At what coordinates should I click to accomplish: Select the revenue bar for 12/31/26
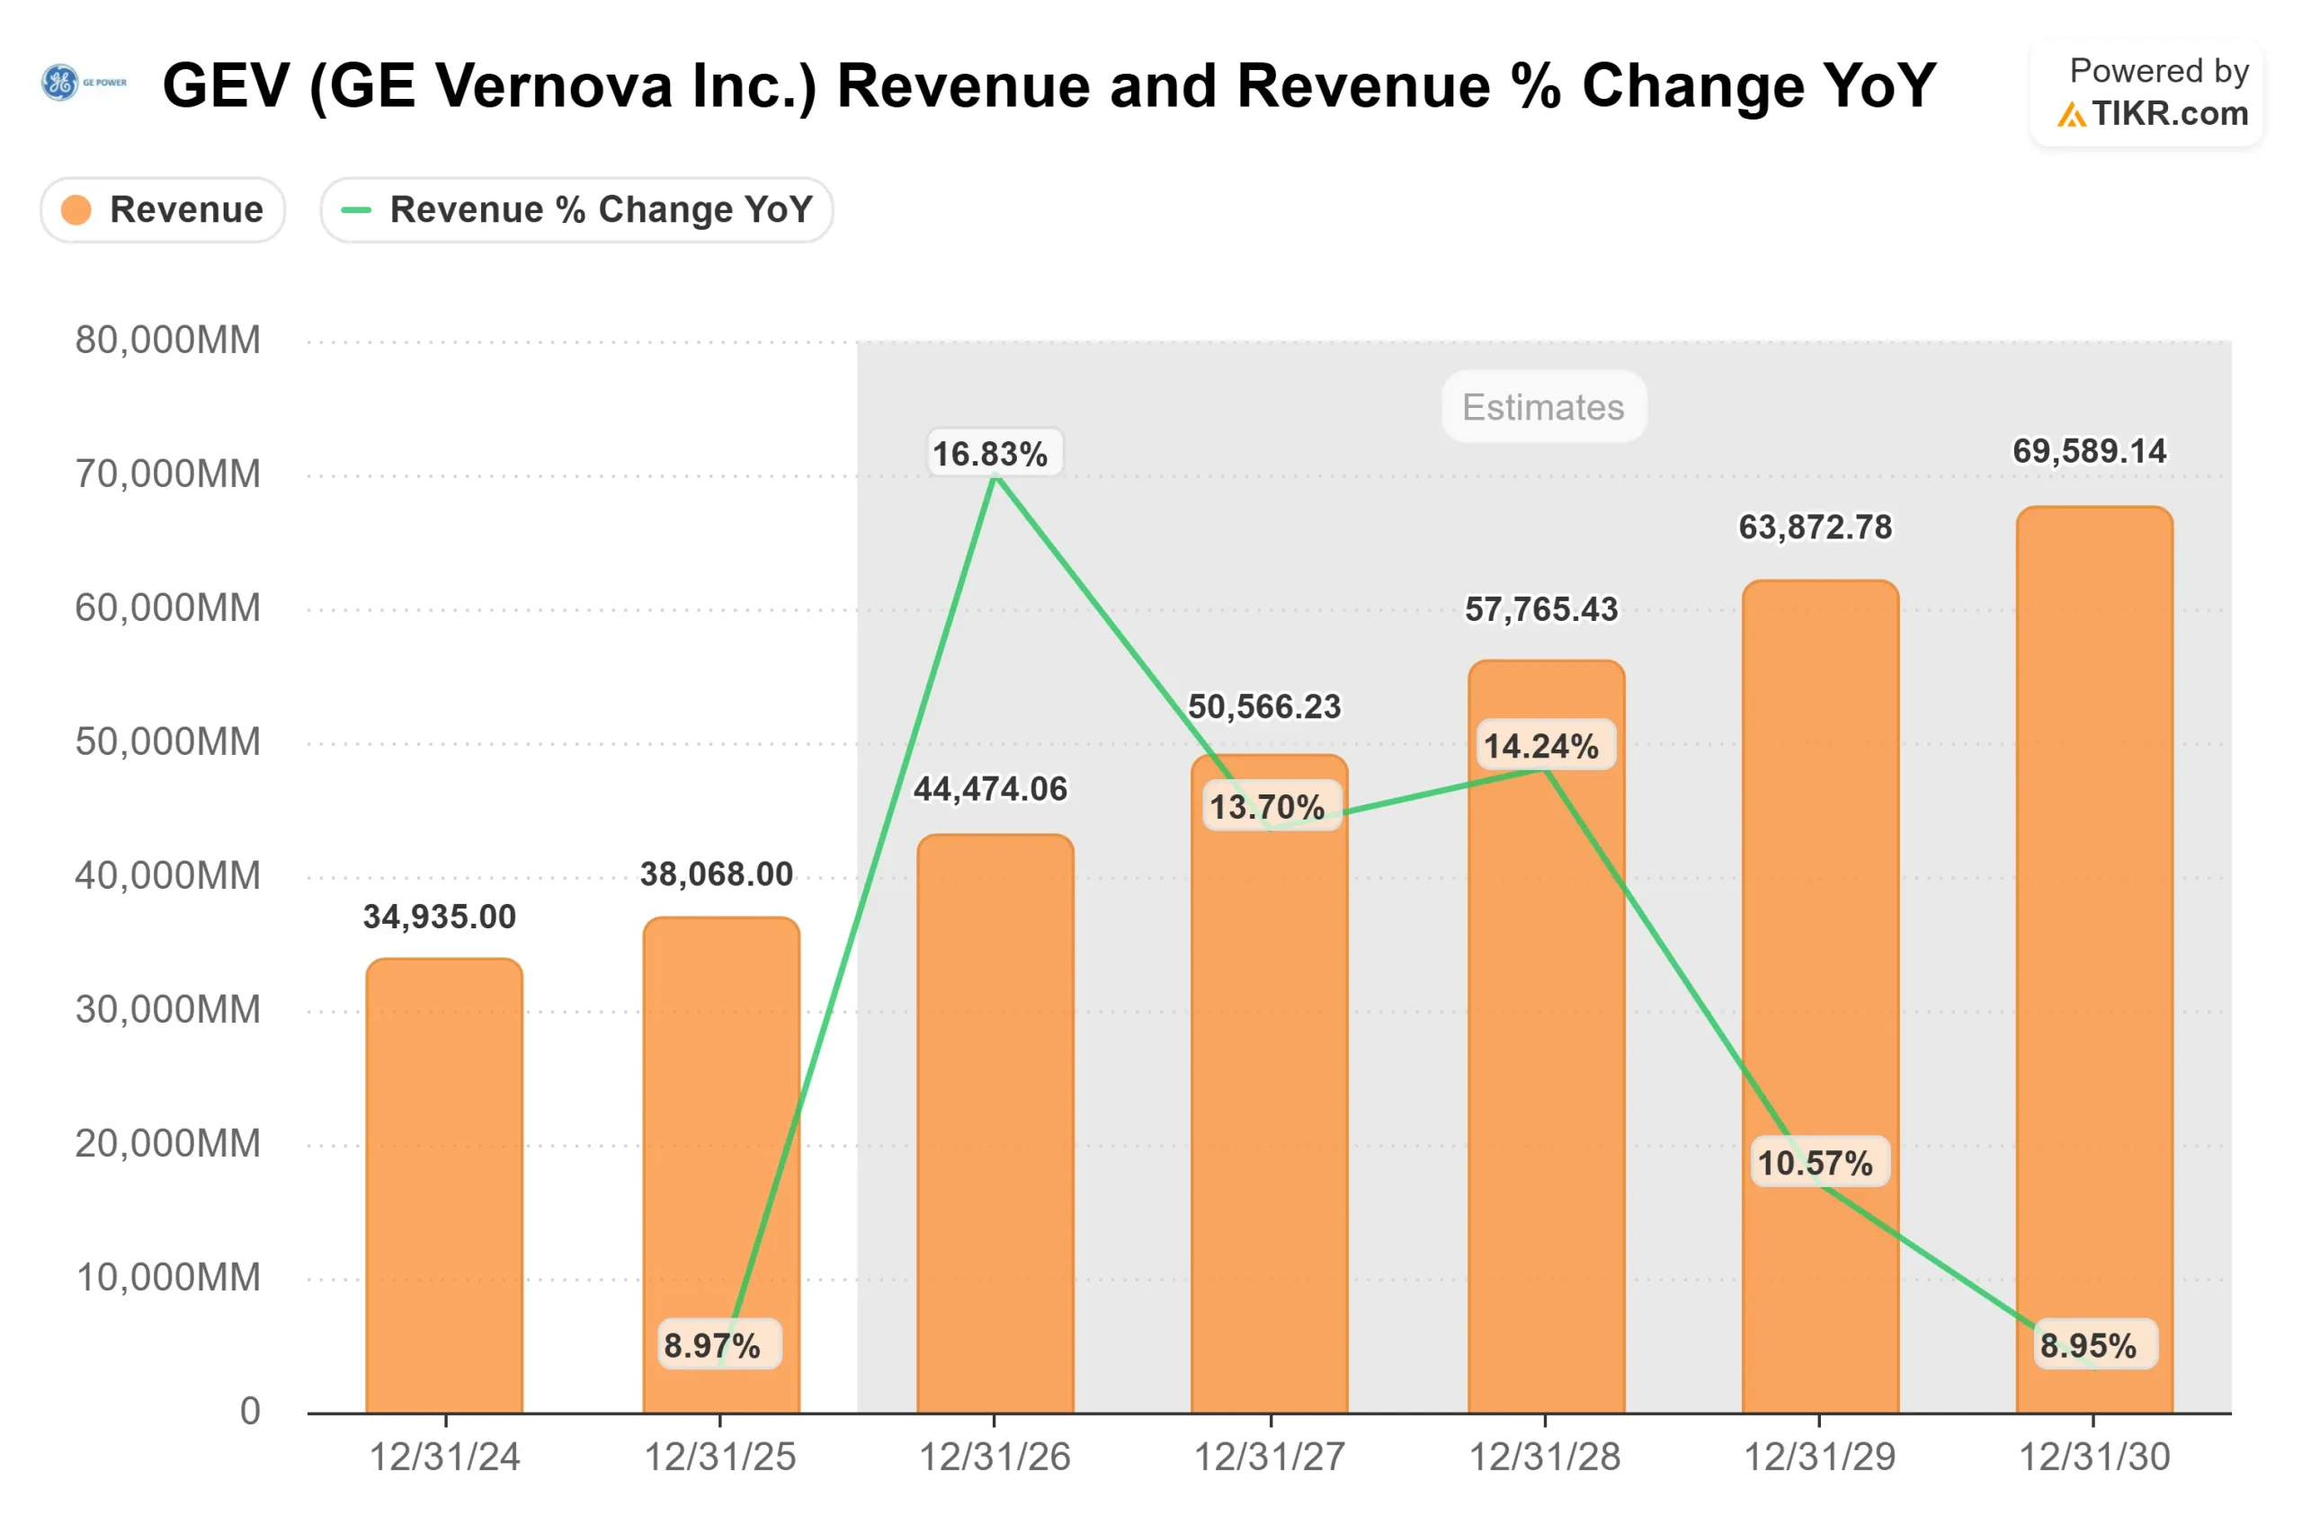point(995,1125)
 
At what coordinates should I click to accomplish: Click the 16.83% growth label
point(989,454)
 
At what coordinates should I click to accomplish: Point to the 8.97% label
point(712,1345)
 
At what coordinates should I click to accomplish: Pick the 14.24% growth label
point(1541,747)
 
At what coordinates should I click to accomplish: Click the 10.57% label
point(1816,1163)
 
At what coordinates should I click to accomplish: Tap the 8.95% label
point(2089,1345)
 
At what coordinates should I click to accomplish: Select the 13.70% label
point(1268,807)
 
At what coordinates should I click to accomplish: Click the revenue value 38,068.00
point(717,873)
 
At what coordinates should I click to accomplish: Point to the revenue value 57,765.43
point(1541,609)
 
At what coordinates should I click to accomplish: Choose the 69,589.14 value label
point(2090,451)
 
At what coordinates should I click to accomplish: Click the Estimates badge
point(1543,407)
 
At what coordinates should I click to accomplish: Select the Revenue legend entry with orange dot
point(163,209)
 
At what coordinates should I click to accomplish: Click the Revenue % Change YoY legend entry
point(576,209)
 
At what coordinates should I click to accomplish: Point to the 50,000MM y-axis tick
point(167,741)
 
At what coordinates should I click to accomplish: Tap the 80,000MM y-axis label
point(167,341)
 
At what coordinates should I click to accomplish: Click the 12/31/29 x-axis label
point(1819,1458)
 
